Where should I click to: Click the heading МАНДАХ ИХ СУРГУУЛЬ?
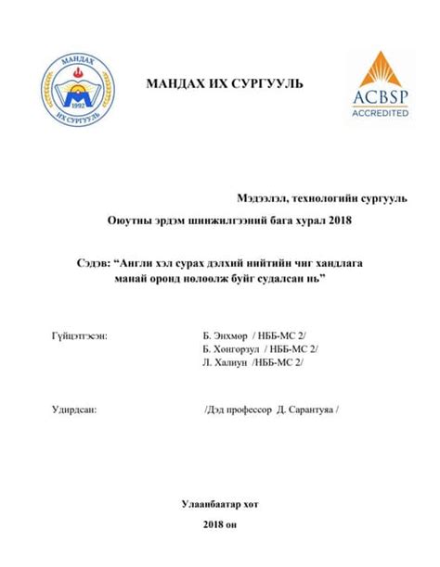(224, 85)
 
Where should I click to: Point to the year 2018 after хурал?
(339, 220)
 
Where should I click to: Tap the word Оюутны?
(127, 220)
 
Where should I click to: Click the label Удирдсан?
(73, 409)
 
